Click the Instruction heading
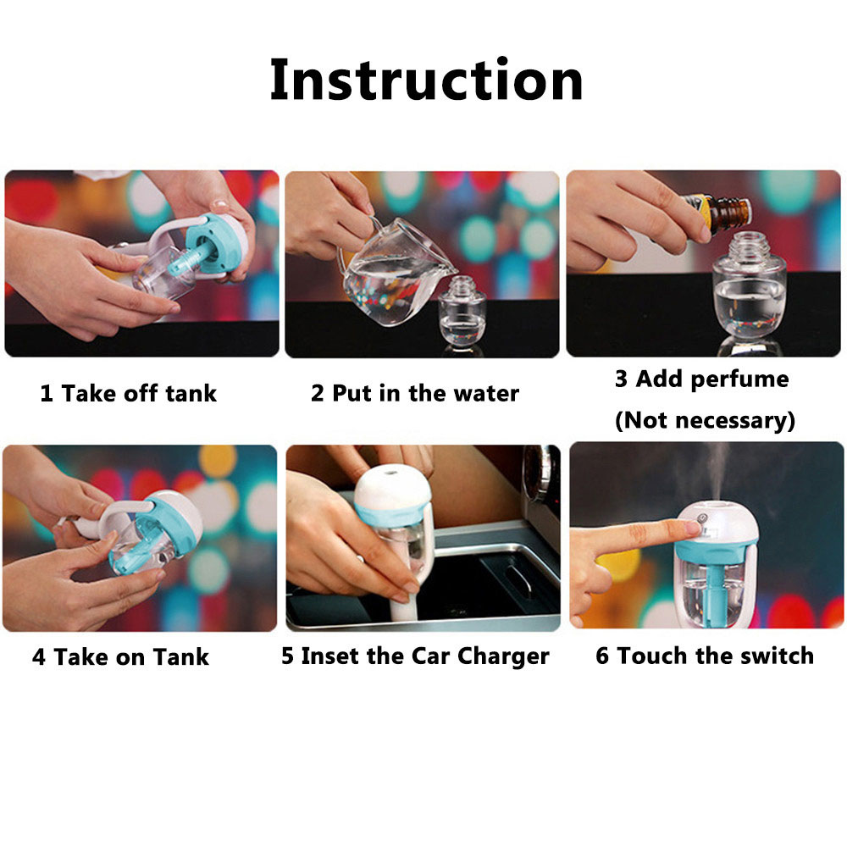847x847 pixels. coord(426,80)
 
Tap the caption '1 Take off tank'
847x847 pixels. coord(129,393)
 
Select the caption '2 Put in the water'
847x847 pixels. coord(415,393)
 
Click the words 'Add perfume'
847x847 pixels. coord(712,379)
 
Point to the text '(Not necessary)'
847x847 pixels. coord(705,420)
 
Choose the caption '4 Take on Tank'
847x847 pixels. coord(120,657)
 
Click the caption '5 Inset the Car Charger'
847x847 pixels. coord(415,656)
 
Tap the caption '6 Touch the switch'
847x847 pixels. coord(705,656)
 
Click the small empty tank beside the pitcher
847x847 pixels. coord(462,313)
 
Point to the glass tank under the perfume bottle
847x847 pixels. coord(749,286)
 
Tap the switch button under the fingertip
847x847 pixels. coord(701,518)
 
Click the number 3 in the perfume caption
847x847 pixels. coord(621,379)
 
